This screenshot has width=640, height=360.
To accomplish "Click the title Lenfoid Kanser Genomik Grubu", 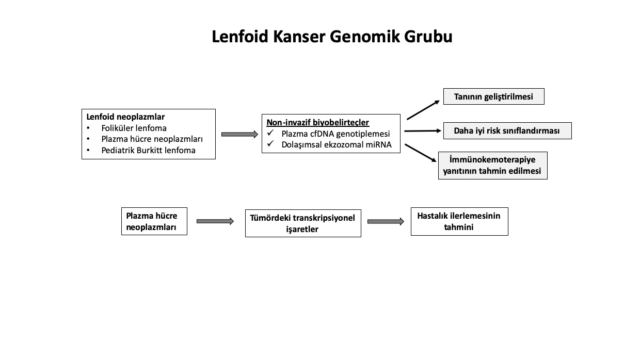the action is pyautogui.click(x=332, y=37).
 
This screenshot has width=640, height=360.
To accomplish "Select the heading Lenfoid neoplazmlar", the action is pyautogui.click(x=125, y=117).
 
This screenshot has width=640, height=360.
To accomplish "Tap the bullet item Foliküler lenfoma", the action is pyautogui.click(x=134, y=128).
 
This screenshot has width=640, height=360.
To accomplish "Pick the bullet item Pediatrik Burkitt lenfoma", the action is pyautogui.click(x=148, y=150).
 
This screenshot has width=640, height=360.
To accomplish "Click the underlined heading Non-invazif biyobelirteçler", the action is pyautogui.click(x=318, y=122).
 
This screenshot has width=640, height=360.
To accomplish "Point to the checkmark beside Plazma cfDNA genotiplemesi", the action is pyautogui.click(x=270, y=133).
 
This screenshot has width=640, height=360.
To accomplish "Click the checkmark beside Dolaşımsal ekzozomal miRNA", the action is pyautogui.click(x=270, y=143).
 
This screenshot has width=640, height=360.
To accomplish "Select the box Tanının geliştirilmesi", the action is pyautogui.click(x=494, y=96).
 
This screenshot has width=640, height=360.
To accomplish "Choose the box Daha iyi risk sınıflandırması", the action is pyautogui.click(x=507, y=131).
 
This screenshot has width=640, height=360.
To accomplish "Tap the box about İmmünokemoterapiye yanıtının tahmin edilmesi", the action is pyautogui.click(x=493, y=166).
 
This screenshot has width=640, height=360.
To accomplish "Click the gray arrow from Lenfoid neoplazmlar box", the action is pyautogui.click(x=239, y=134).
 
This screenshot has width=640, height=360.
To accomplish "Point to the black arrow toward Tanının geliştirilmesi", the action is pyautogui.click(x=423, y=110).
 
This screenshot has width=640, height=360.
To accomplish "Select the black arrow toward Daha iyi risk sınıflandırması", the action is pyautogui.click(x=423, y=131).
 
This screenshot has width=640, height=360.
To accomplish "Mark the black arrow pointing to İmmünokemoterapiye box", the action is pyautogui.click(x=421, y=153).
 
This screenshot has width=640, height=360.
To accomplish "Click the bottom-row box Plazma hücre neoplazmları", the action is pyautogui.click(x=154, y=221).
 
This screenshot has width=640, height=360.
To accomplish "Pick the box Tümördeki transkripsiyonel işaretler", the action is pyautogui.click(x=303, y=223).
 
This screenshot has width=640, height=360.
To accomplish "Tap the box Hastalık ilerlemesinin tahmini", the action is pyautogui.click(x=459, y=222).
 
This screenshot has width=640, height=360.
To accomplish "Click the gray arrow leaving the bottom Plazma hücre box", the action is pyautogui.click(x=215, y=221).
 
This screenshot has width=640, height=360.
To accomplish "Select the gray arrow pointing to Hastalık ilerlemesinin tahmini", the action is pyautogui.click(x=386, y=222).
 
